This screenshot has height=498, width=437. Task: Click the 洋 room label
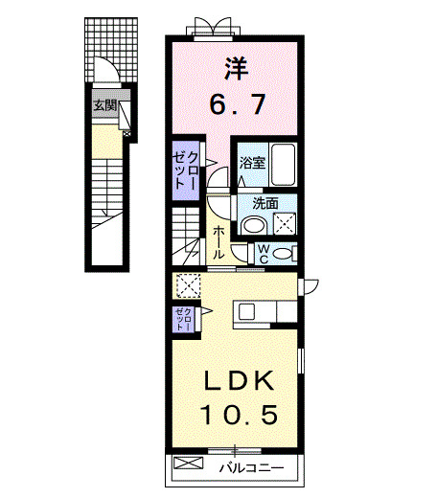[236, 68]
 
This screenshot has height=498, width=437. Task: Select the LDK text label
[239, 381]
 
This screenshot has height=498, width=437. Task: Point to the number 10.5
[239, 415]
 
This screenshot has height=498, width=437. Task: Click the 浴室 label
[252, 163]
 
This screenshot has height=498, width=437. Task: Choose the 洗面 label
[265, 203]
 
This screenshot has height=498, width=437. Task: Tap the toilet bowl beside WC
[282, 253]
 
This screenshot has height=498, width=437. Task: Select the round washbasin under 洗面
[253, 225]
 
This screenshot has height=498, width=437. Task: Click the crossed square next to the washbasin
[285, 225]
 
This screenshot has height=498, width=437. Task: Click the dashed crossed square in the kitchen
[188, 285]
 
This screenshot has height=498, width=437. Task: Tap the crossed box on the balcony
[189, 466]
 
